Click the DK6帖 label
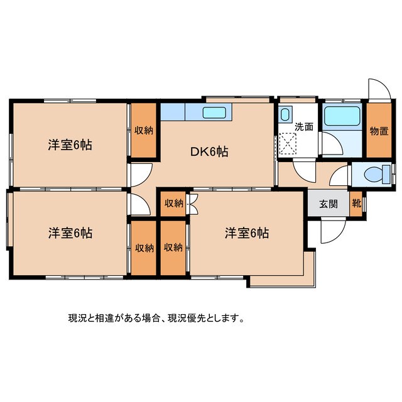tap(209, 151)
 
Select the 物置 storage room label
tap(378, 131)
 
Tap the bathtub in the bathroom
tap(341, 116)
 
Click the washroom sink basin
tap(285, 115)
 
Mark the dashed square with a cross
tap(288, 143)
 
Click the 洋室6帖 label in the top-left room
tap(70, 145)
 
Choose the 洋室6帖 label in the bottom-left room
tap(70, 233)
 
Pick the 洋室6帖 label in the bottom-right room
tap(247, 233)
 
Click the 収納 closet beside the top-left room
tap(144, 131)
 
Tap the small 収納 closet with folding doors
tap(173, 203)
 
